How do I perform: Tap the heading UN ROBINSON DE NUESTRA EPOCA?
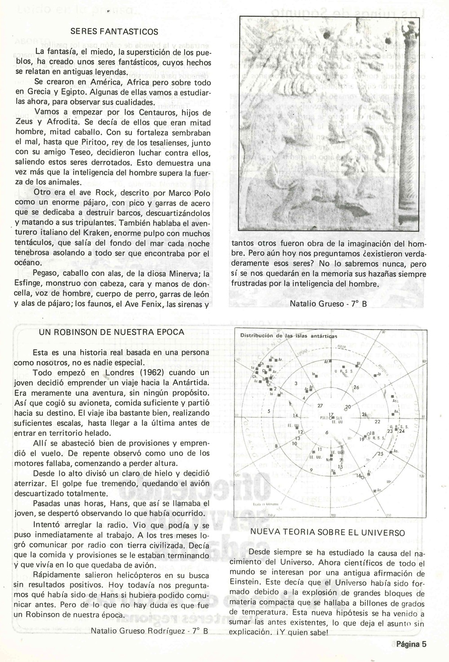pyautogui.click(x=112, y=332)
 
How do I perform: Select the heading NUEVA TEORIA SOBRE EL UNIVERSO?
pyautogui.click(x=328, y=533)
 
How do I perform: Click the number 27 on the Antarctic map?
pyautogui.click(x=320, y=406)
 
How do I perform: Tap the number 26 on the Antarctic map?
pyautogui.click(x=357, y=387)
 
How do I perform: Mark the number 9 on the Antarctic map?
pyautogui.click(x=311, y=470)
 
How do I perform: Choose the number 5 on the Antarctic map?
pyautogui.click(x=269, y=411)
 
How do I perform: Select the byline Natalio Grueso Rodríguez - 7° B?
pyautogui.click(x=150, y=631)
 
